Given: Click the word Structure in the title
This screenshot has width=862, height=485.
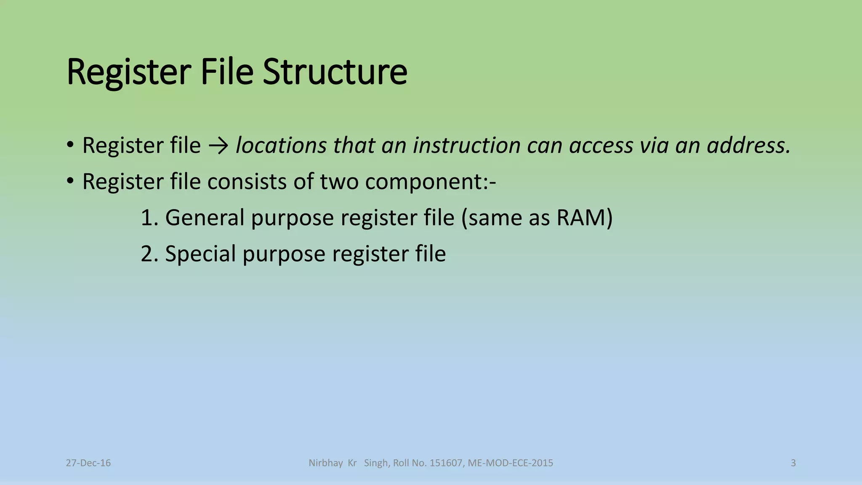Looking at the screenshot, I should point(335,72).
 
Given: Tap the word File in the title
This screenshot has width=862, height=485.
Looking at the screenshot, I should point(227,72).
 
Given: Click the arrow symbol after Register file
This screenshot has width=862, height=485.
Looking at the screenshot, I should point(218,146).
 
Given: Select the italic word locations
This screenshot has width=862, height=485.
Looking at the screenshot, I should point(281,146).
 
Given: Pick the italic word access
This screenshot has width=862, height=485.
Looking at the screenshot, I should point(601,146).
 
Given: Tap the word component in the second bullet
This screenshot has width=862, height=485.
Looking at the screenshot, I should point(427,182).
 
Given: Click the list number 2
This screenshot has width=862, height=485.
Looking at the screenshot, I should point(148,254).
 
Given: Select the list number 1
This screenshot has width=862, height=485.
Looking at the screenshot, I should point(148,218).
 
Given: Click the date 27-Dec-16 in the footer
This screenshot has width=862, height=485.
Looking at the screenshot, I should point(88,463).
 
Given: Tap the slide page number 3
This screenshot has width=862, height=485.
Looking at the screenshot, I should point(793,463).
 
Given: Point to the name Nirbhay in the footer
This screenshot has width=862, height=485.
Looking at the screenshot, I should point(326,463).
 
